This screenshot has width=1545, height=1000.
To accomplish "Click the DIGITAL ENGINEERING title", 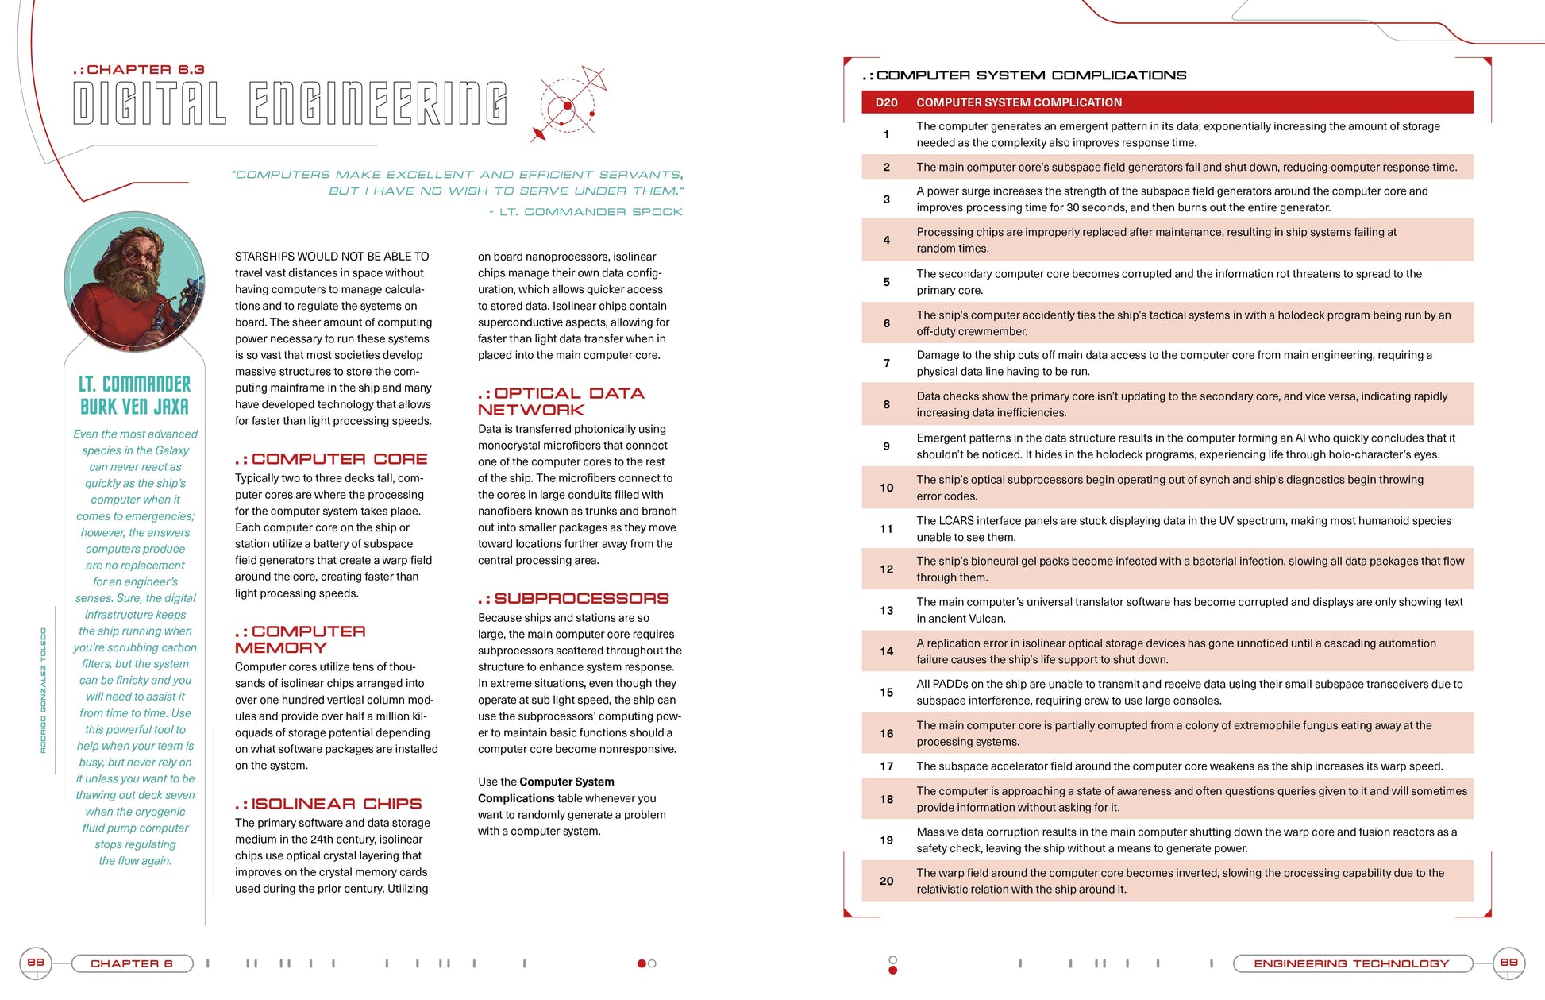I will tap(290, 103).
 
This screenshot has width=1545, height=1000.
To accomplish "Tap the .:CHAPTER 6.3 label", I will tap(139, 70).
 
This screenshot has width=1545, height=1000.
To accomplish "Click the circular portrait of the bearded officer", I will tap(134, 281).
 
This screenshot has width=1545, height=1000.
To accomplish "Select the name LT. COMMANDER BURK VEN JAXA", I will tap(135, 396).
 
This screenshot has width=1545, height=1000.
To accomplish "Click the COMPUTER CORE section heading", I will tap(331, 459).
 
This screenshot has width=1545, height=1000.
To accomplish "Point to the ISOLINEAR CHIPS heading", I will tap(329, 804).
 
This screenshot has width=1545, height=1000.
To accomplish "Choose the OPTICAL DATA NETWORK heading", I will tap(561, 401).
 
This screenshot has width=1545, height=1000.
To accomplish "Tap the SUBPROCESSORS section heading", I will tap(573, 598).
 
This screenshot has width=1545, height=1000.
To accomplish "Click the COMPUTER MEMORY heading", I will tap(300, 639).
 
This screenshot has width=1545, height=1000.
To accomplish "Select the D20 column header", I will tap(886, 102).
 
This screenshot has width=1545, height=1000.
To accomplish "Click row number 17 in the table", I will tap(887, 766).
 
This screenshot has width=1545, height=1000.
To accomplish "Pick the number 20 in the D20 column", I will tap(887, 881).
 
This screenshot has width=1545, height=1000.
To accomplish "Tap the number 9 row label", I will tap(887, 446).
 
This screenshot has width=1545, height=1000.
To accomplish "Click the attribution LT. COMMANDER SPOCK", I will tap(586, 212).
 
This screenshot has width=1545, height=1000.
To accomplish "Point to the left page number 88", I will tap(36, 963).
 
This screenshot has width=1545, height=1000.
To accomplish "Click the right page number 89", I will tap(1508, 963).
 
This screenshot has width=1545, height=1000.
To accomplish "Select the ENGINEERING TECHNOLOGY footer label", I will tap(1351, 963).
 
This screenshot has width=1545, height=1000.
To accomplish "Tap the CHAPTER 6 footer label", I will tap(132, 963).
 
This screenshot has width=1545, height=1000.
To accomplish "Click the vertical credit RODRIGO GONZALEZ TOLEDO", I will tap(44, 690).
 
